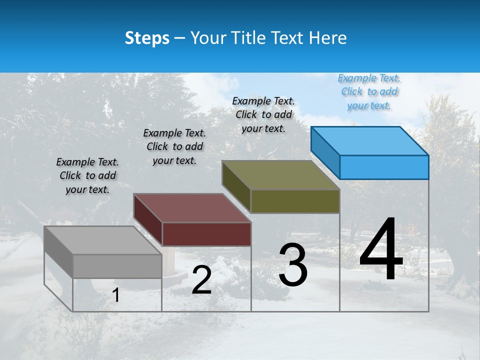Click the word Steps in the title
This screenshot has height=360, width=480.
coord(147,38)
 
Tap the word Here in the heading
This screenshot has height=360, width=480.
coord(328,38)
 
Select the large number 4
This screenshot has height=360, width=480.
coord(381,250)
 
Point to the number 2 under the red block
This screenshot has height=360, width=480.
coord(201,280)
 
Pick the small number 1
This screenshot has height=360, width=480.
coord(116,295)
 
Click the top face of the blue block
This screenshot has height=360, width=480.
coord(370,141)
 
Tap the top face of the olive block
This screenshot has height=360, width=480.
coord(281,175)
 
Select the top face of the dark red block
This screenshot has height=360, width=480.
coord(192,208)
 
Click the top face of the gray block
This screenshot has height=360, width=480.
coord(103,240)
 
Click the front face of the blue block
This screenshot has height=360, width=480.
coord(384,167)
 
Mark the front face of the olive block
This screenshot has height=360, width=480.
coord(295,201)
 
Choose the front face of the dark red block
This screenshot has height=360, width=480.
coord(206,234)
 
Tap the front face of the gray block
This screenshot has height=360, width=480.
coord(117,266)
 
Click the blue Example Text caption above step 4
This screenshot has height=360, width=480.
coord(369,92)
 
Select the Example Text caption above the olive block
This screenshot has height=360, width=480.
coord(263,114)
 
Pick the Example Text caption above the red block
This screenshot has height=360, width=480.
coord(174,146)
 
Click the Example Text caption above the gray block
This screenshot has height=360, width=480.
coord(87,175)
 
